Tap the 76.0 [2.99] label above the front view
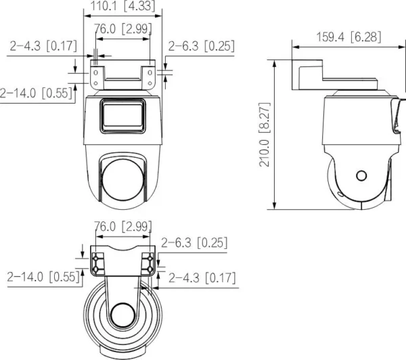(122, 29)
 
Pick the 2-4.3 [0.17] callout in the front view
(43, 47)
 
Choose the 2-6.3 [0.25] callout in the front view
(201, 46)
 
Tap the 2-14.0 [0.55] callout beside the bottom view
(42, 276)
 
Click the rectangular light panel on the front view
(122, 116)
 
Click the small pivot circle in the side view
(361, 175)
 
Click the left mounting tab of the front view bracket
(98, 75)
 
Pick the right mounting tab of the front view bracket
(148, 75)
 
